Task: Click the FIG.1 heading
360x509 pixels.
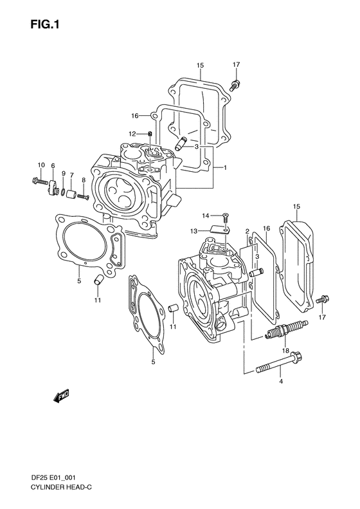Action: coord(45,24)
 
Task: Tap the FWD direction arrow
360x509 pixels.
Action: coord(61,396)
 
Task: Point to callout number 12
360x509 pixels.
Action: coord(132,134)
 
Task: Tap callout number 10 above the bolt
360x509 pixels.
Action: coord(41,165)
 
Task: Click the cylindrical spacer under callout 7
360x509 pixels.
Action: coord(71,194)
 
